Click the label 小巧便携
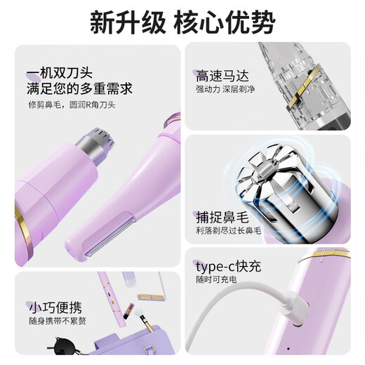(55, 308)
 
